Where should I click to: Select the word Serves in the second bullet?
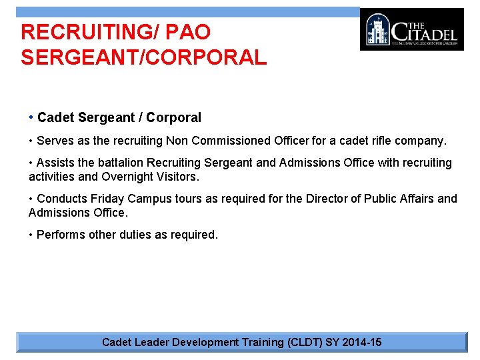54,141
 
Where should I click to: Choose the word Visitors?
179,177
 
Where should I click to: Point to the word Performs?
60,235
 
